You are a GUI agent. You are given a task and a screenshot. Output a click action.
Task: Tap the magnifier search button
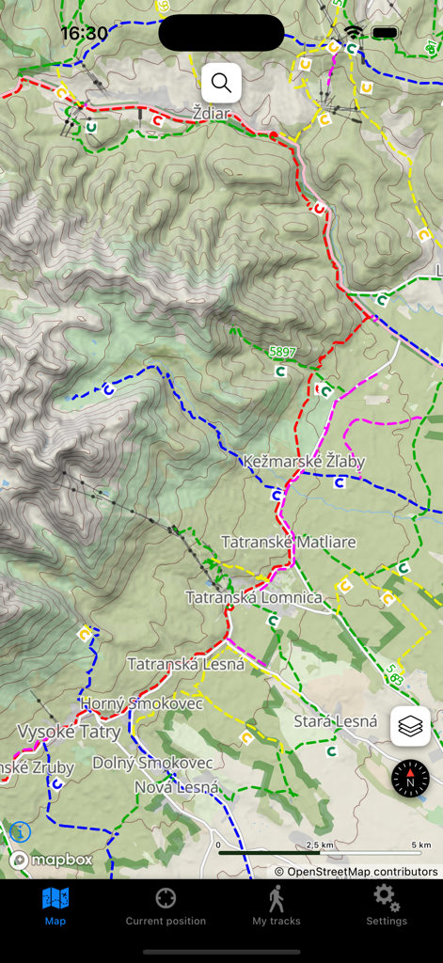pyautogui.click(x=221, y=83)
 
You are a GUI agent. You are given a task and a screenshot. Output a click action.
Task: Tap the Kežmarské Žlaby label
pyautogui.click(x=304, y=462)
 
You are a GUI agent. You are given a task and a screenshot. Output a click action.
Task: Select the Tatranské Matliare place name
pyautogui.click(x=288, y=542)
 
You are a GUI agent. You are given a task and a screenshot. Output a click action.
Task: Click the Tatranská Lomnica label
pyautogui.click(x=253, y=597)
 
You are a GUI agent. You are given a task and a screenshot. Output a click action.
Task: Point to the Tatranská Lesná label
pyautogui.click(x=185, y=664)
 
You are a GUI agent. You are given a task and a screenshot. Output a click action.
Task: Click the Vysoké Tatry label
pyautogui.click(x=69, y=732)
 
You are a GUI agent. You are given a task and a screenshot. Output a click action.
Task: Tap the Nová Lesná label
pyautogui.click(x=177, y=787)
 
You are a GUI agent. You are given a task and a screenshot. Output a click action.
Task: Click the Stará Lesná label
pyautogui.click(x=335, y=721)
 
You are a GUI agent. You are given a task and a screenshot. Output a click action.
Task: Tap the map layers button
pyautogui.click(x=410, y=726)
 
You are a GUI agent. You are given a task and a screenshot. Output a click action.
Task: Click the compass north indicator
pyautogui.click(x=410, y=779)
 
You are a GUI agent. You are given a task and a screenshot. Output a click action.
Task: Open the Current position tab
pyautogui.click(x=166, y=906)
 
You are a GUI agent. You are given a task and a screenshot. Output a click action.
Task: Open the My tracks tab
pyautogui.click(x=276, y=906)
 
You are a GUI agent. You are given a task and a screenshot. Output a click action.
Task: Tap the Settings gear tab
pyautogui.click(x=387, y=906)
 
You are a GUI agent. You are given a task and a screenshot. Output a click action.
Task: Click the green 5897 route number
pyautogui.click(x=282, y=352)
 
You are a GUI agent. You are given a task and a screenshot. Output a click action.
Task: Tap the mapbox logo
pyautogui.click(x=51, y=860)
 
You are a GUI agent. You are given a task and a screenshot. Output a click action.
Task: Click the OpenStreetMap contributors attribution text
pyautogui.click(x=356, y=872)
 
